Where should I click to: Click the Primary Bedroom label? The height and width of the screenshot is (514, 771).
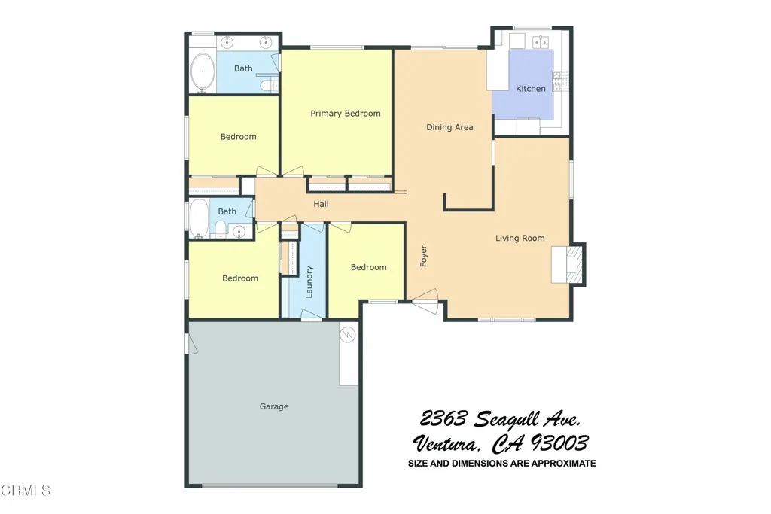point(346,114)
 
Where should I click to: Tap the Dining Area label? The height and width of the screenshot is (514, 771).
point(449,127)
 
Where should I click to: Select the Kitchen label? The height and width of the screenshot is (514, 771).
point(530,89)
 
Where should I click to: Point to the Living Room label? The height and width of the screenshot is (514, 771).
point(520,239)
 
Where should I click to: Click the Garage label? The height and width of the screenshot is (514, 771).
point(274,406)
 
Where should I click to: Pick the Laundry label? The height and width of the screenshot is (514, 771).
point(309,282)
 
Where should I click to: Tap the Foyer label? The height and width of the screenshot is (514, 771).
point(424,256)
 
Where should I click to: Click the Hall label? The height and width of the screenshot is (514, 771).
point(321,204)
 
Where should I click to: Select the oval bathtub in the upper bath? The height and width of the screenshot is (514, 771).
point(202,72)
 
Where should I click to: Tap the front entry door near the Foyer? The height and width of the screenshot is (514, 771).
point(425,306)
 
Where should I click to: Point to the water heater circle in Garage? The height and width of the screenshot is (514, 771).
point(348,335)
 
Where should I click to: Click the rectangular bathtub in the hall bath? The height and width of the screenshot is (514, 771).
point(199,218)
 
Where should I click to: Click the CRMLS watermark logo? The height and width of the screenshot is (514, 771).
point(26,491)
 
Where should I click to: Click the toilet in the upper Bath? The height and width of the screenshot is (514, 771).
point(264,87)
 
